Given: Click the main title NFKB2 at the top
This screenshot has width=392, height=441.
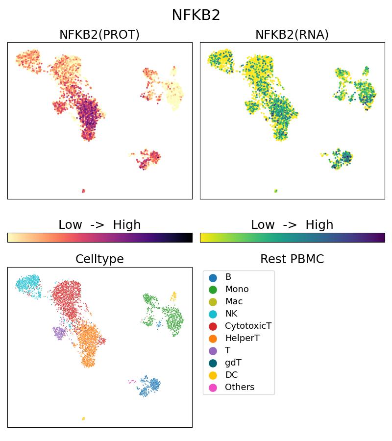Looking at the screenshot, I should tap(196, 15).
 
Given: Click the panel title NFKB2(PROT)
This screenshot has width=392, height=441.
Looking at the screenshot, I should tap(99, 35).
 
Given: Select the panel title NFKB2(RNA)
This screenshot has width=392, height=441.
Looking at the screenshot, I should tap(292, 35).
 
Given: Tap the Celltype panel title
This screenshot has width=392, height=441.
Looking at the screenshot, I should tap(99, 259).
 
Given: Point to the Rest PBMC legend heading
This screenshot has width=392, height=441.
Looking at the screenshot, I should tap(292, 259).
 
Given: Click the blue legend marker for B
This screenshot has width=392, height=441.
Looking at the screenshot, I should tap(213, 277).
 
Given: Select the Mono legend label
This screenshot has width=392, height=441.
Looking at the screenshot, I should tap(237, 290).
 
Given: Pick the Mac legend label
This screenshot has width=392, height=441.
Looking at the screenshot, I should tap(234, 302).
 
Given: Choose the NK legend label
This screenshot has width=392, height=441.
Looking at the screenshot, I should tap(231, 314).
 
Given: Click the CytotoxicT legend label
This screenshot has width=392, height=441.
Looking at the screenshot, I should tap(248, 326).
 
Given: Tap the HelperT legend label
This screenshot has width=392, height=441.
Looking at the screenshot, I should tap(242, 339).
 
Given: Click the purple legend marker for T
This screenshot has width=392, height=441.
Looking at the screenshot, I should tap(213, 351).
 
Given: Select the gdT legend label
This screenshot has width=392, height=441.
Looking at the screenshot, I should tap(233, 363).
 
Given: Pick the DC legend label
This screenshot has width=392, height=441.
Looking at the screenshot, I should tap(231, 375).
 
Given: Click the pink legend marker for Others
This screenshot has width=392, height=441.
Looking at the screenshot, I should tap(213, 388).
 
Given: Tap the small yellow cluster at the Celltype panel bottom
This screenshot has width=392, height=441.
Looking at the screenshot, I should tap(83, 418).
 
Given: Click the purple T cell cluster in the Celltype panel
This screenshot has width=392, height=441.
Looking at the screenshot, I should tap(59, 333).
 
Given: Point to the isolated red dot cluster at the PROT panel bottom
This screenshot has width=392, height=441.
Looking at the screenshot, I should tap(83, 191).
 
